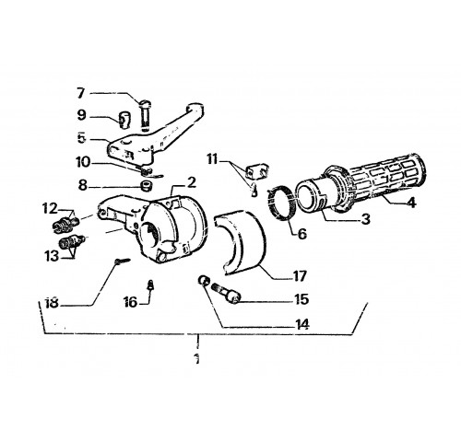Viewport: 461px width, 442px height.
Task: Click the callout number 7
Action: pyautogui.click(x=80, y=93)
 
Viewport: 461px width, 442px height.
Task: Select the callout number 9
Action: pyautogui.click(x=81, y=116)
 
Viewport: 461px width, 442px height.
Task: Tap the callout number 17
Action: pyautogui.click(x=300, y=276)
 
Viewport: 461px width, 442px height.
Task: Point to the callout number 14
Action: pyautogui.click(x=301, y=324)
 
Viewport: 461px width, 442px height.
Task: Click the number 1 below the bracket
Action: pyautogui.click(x=196, y=358)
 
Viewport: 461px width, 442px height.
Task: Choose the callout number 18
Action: pyautogui.click(x=52, y=303)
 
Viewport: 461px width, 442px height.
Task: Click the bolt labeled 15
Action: pyautogui.click(x=226, y=293)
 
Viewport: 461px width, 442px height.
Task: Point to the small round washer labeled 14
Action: pyautogui.click(x=203, y=280)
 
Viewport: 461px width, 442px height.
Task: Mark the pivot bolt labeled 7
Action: pyautogui.click(x=146, y=114)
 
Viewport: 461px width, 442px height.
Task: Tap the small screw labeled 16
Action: pyautogui.click(x=150, y=285)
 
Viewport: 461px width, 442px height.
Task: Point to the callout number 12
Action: pyautogui.click(x=51, y=209)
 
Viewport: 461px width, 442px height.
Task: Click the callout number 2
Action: pyautogui.click(x=191, y=183)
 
